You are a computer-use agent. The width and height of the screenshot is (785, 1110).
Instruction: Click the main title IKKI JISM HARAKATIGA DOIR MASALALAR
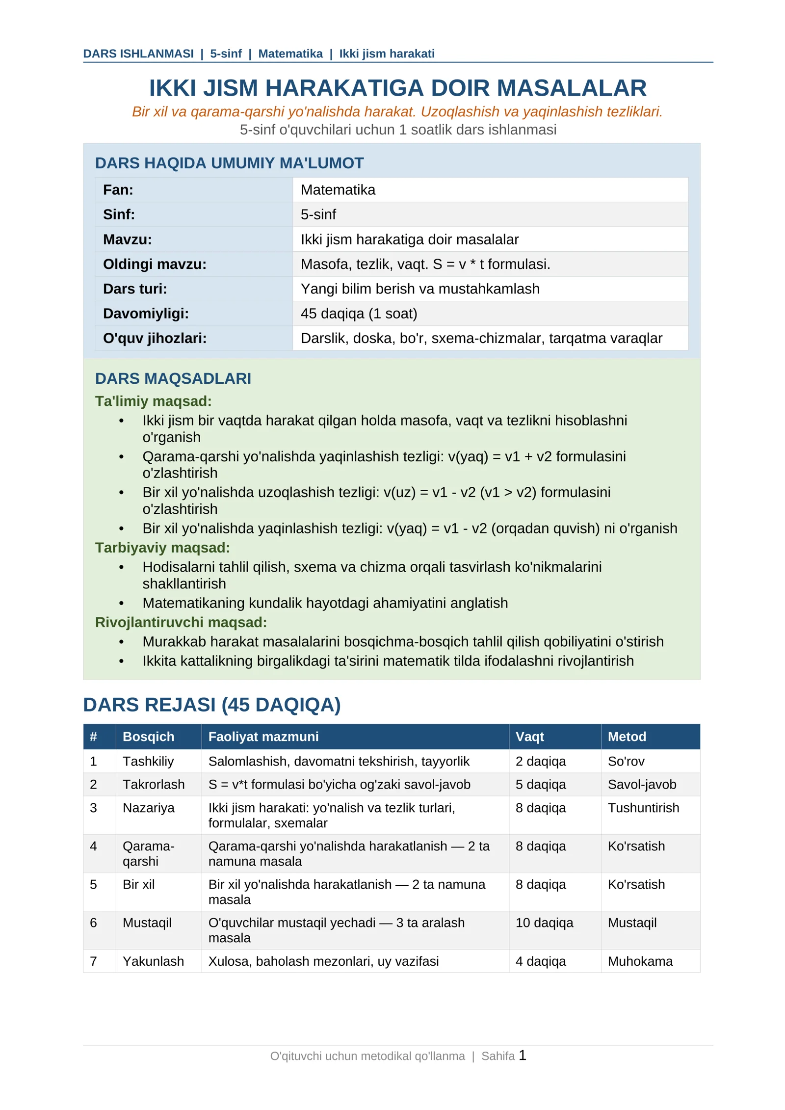[397, 88]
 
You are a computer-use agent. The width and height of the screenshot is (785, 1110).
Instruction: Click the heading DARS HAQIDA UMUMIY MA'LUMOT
[229, 163]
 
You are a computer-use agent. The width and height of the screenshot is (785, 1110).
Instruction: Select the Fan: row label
[118, 190]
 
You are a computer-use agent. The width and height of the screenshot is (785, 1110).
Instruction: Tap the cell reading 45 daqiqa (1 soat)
[359, 314]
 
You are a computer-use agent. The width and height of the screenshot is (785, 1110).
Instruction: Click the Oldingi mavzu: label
[155, 264]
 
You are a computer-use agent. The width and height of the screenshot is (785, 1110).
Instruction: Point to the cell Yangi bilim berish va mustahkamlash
[419, 289]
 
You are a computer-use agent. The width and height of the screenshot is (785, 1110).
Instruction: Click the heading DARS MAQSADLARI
[173, 378]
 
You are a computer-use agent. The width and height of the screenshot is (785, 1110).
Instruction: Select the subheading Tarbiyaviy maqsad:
[162, 548]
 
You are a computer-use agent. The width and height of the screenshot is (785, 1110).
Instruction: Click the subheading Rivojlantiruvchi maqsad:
[181, 622]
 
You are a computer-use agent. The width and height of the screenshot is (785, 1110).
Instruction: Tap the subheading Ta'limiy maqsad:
[153, 401]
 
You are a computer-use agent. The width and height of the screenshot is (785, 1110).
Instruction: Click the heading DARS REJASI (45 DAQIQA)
[211, 705]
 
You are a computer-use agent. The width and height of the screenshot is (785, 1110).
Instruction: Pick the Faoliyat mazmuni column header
[263, 737]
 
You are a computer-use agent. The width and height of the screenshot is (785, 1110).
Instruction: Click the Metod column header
[627, 737]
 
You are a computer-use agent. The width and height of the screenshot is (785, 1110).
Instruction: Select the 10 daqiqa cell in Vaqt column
[544, 923]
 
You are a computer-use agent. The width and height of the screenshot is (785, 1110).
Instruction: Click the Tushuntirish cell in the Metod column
[643, 808]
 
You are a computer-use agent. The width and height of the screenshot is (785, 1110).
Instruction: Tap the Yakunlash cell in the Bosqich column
[153, 961]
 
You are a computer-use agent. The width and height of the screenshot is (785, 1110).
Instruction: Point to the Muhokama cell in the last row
[640, 961]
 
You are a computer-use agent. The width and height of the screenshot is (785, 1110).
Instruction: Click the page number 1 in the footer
[522, 1055]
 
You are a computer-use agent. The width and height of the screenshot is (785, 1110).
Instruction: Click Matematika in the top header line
[290, 53]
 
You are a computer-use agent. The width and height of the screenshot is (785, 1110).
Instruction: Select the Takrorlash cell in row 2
[154, 784]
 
